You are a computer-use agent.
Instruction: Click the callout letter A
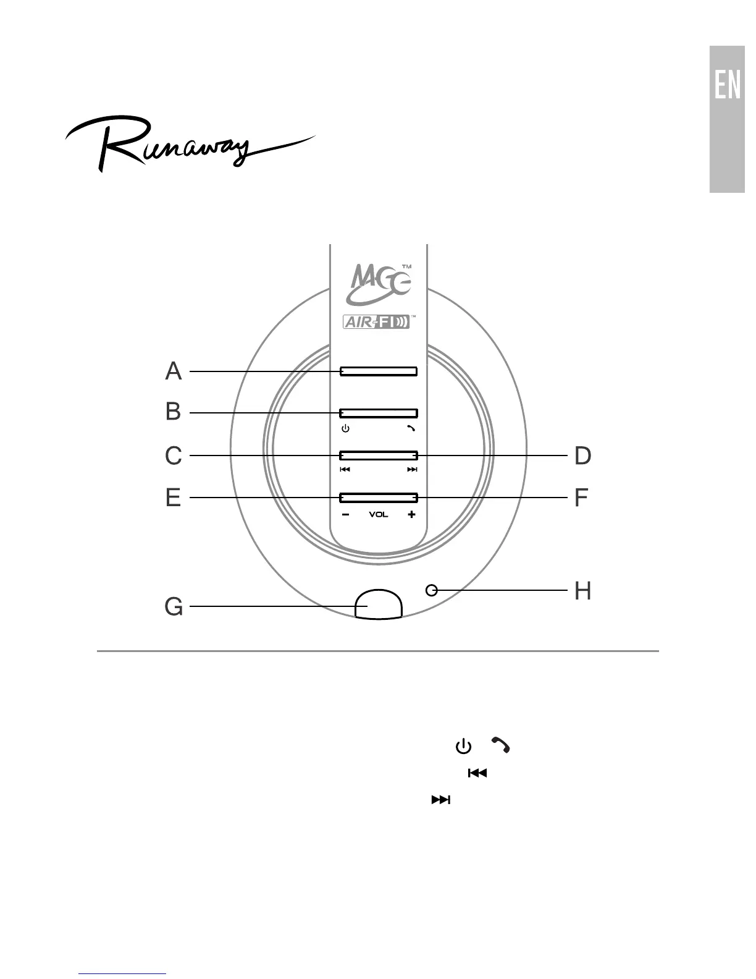(x=174, y=371)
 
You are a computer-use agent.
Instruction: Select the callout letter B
(x=174, y=412)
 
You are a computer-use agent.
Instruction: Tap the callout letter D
(x=582, y=456)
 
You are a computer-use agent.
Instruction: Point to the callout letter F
(x=581, y=498)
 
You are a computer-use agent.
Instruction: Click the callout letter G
(x=174, y=606)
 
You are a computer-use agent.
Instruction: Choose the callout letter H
(x=582, y=590)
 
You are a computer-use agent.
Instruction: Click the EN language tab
(x=727, y=119)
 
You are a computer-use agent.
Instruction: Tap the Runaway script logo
(x=190, y=143)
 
